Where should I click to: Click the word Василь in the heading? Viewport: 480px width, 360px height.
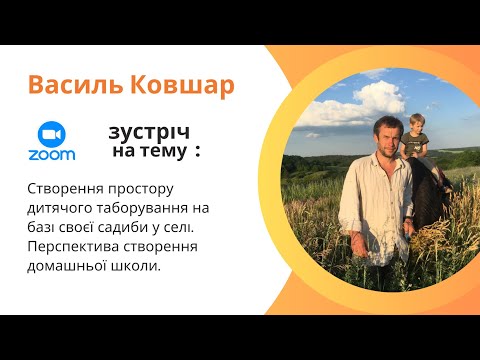pyautogui.click(x=71, y=86)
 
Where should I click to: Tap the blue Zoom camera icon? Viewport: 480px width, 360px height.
pyautogui.click(x=56, y=135)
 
